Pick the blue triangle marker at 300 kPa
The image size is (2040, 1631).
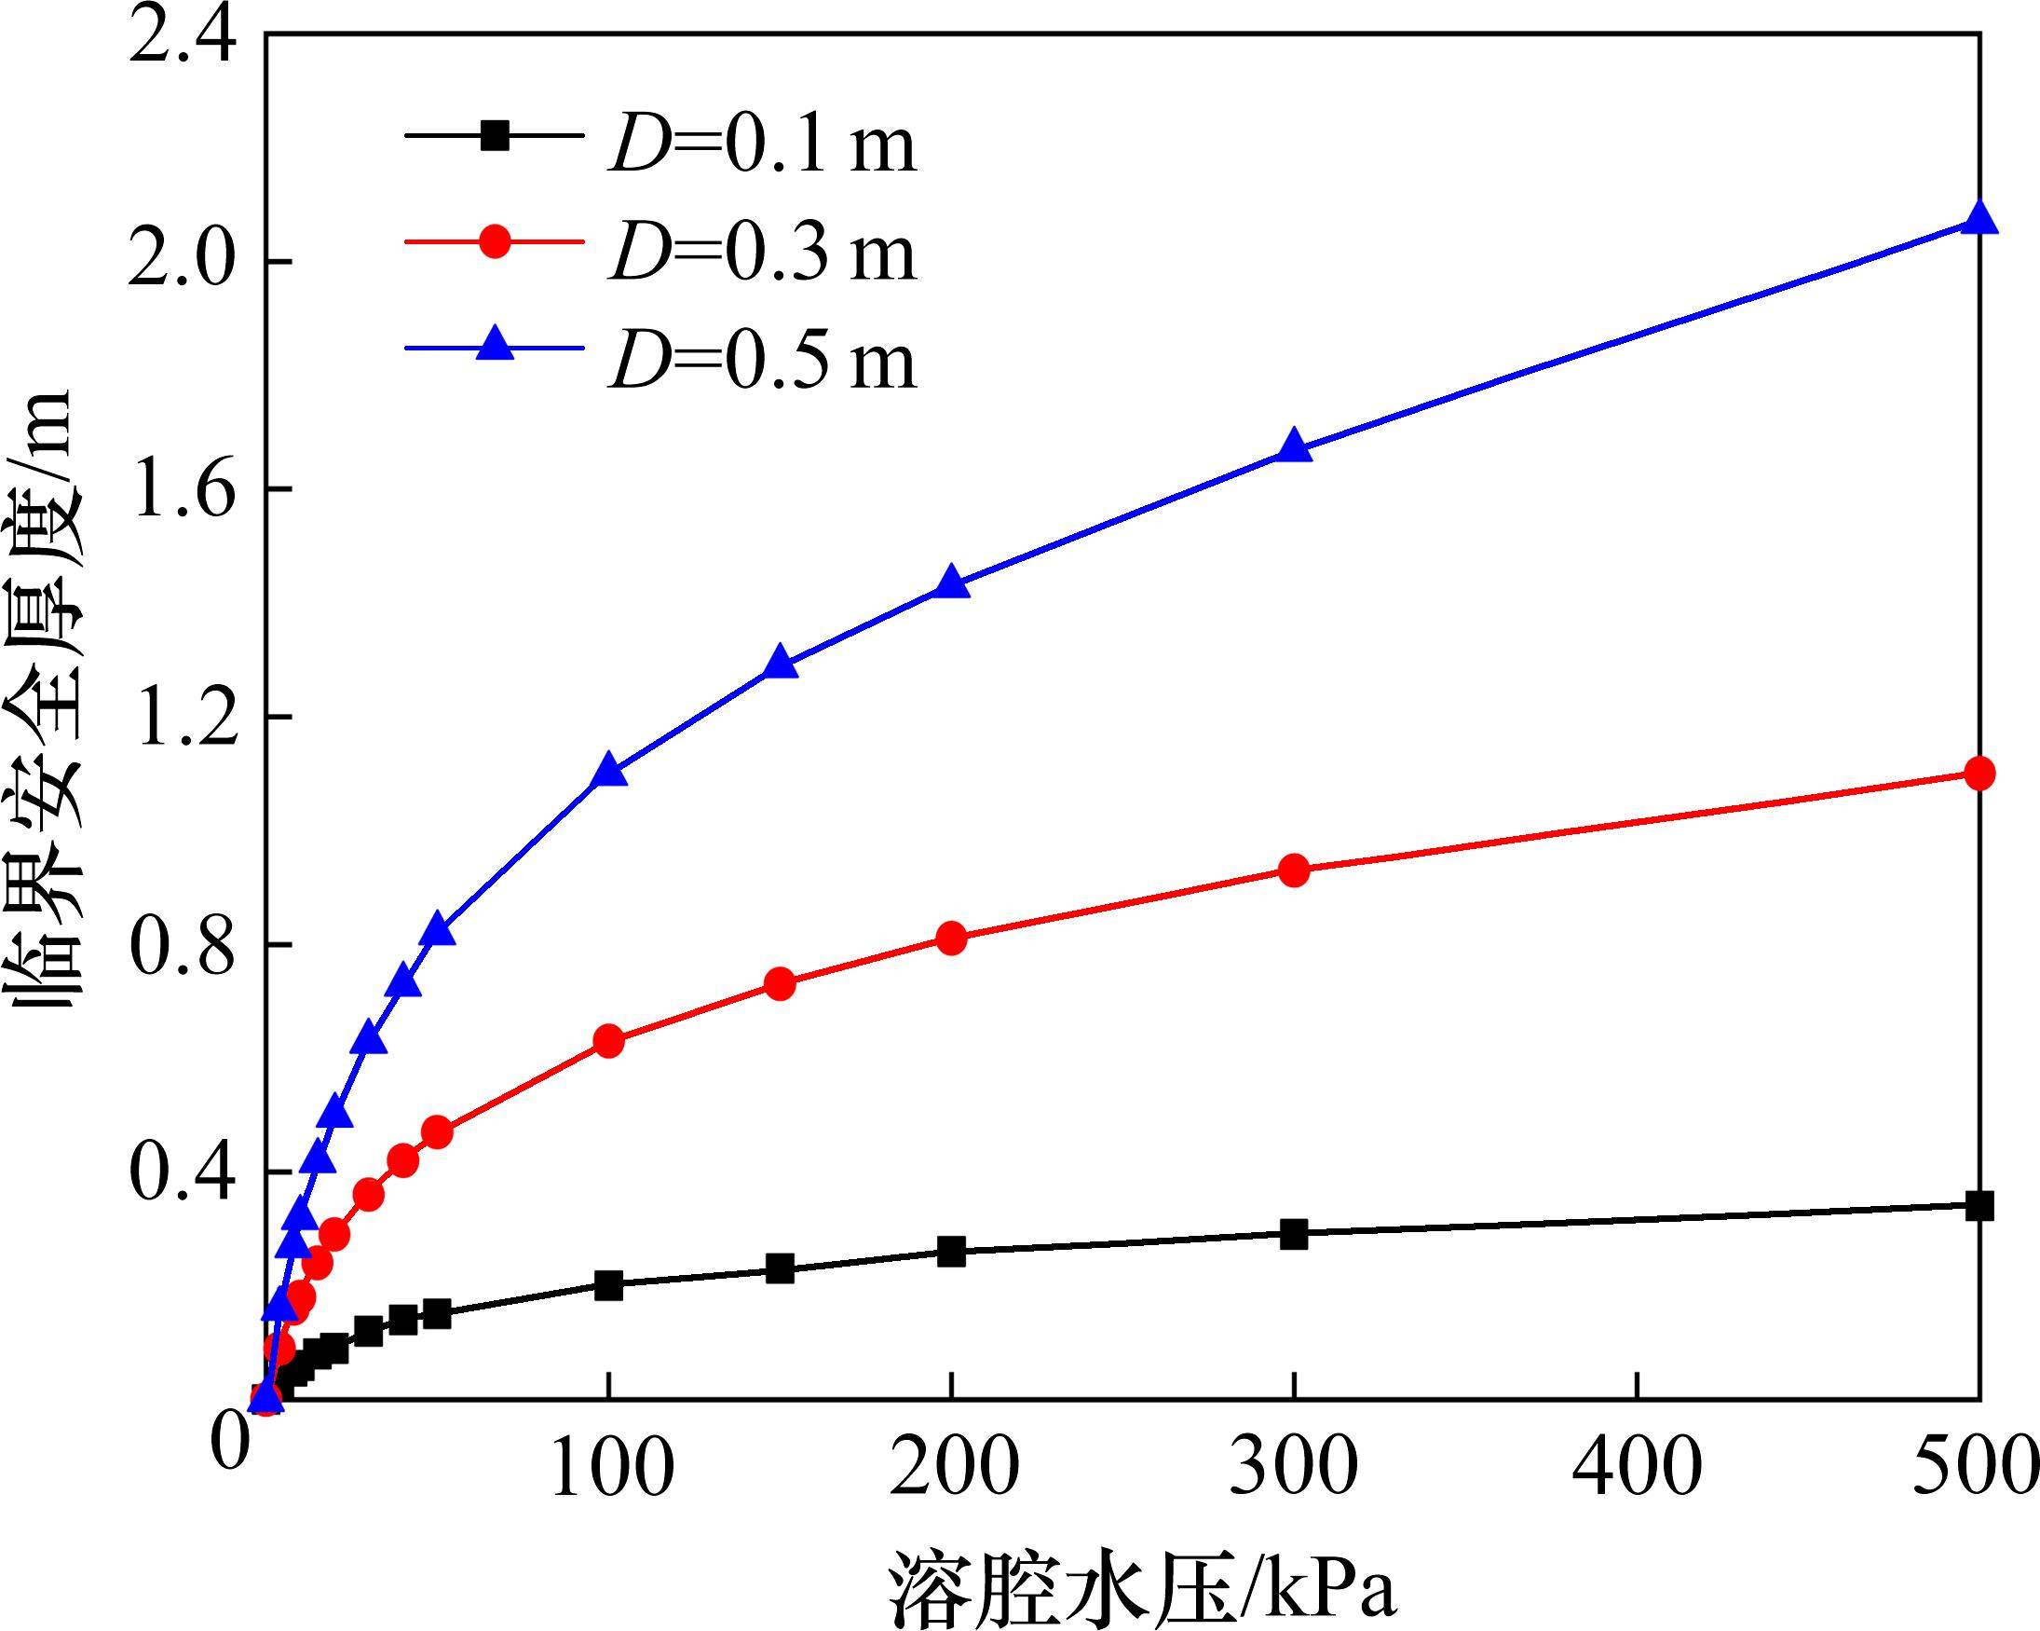point(1294,447)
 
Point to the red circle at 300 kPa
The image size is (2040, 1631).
point(1294,870)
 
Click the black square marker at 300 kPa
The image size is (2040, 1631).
point(1294,1234)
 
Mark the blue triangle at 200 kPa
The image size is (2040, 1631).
point(951,583)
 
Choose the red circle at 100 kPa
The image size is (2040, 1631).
point(609,1041)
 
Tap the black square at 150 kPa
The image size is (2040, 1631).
point(780,1268)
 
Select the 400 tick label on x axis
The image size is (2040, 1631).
point(1637,1466)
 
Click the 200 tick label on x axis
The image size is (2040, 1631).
point(952,1466)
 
